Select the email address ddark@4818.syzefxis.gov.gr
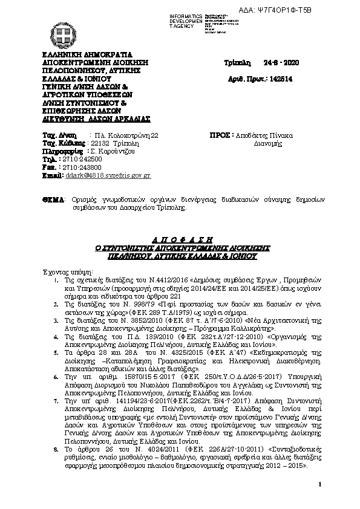pyautogui.click(x=107, y=175)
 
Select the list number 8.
pyautogui.click(x=55, y=448)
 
